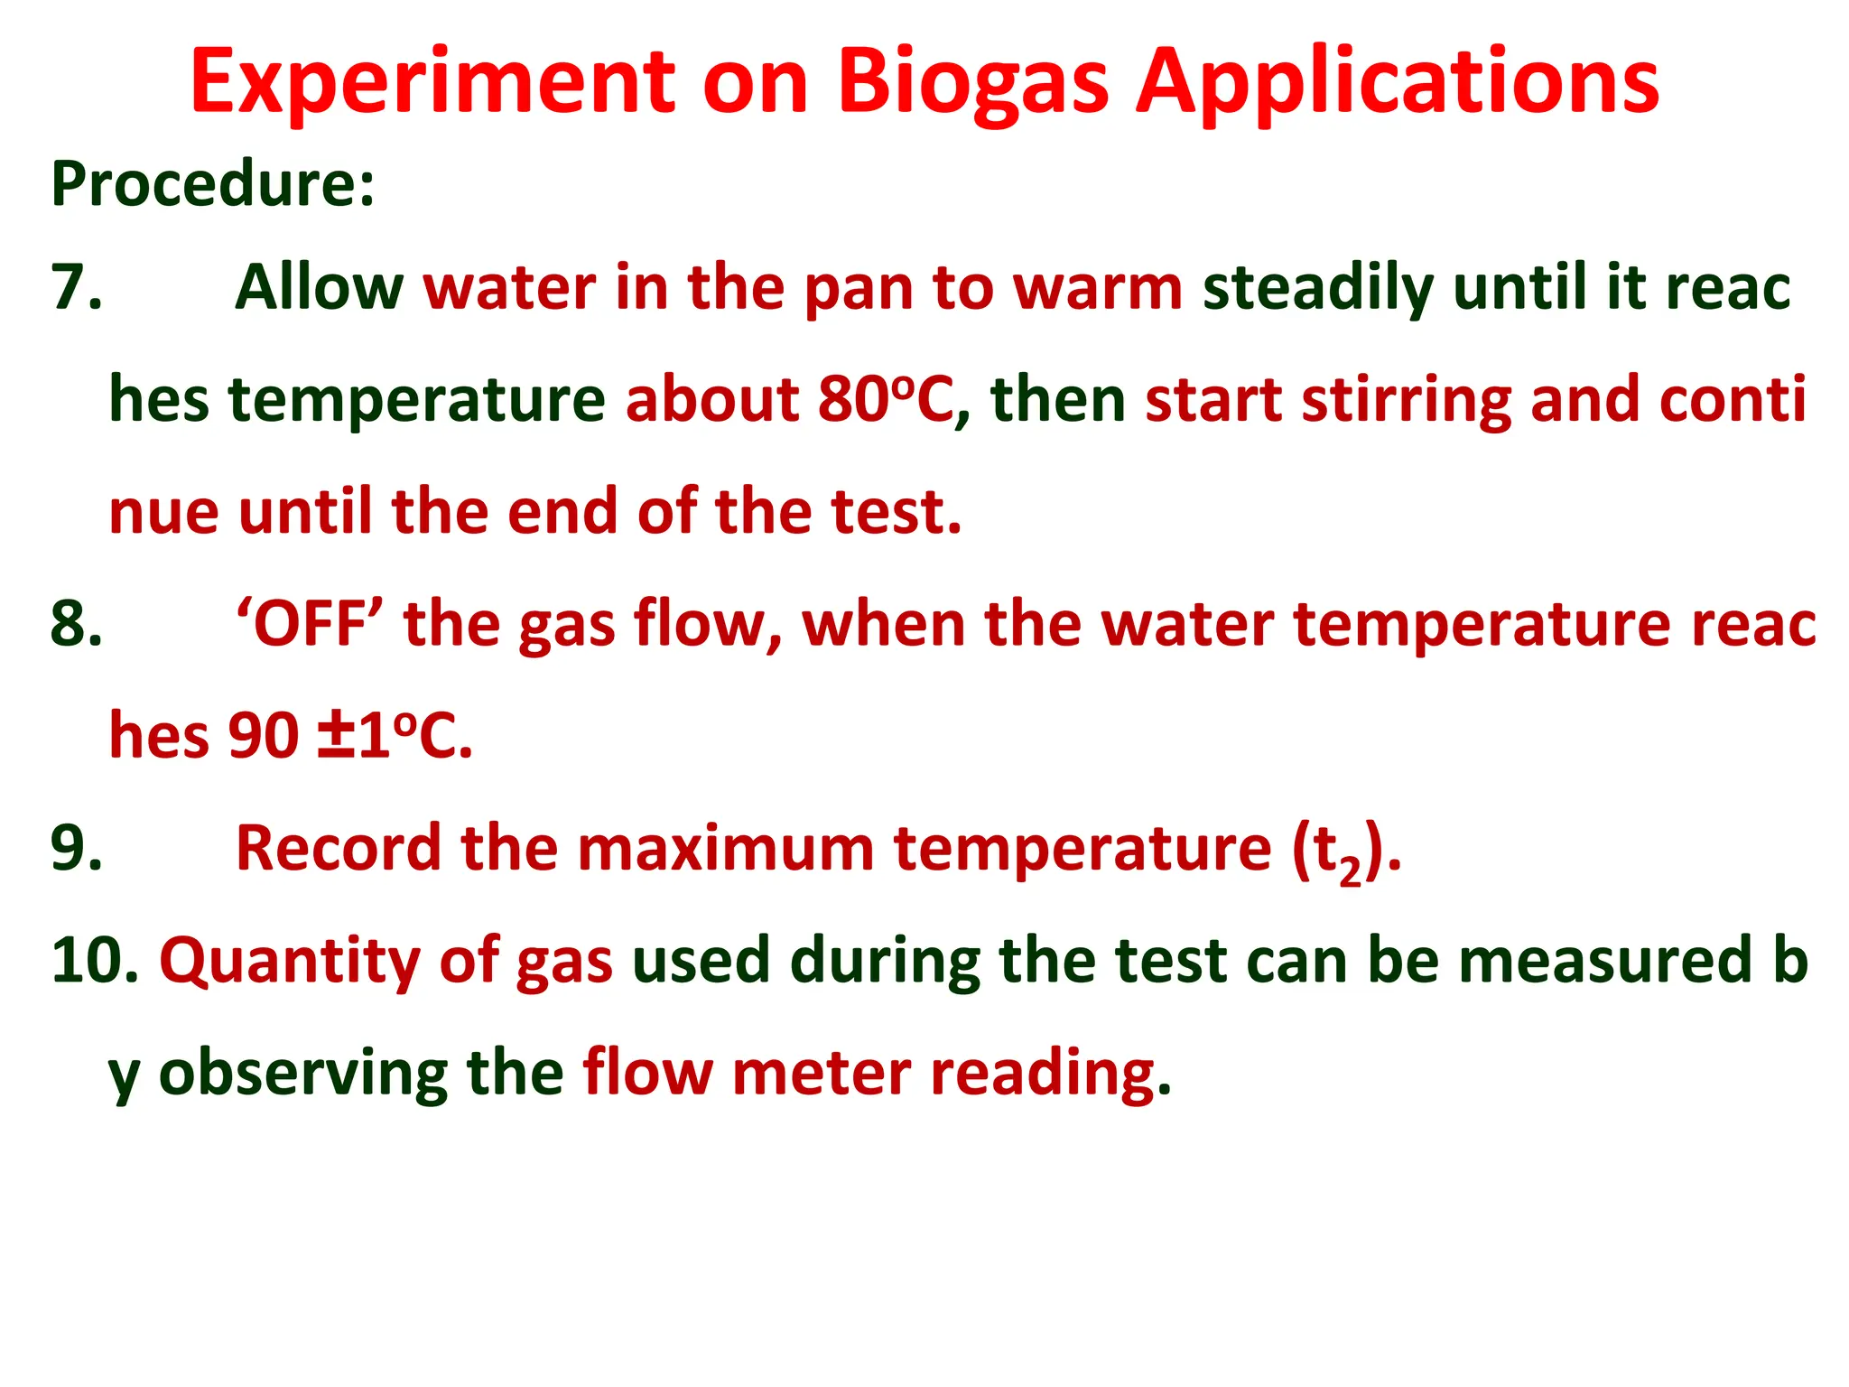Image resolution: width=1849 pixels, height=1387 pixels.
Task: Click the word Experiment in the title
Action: click(432, 83)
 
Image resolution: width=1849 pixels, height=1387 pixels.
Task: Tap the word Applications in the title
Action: click(1397, 83)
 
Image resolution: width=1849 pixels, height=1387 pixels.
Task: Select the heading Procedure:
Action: click(213, 183)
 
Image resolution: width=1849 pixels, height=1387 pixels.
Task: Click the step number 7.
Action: click(78, 288)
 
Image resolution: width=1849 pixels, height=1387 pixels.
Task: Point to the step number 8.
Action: click(78, 624)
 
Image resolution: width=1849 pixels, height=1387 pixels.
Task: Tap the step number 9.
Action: click(78, 849)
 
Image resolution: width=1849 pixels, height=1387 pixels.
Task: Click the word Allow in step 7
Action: click(319, 288)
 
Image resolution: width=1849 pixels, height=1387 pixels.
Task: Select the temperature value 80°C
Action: click(885, 400)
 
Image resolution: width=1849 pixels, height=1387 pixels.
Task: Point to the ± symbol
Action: click(335, 736)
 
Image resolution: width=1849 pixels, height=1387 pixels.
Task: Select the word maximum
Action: click(725, 849)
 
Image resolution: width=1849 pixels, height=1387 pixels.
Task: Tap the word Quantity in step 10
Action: click(289, 962)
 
